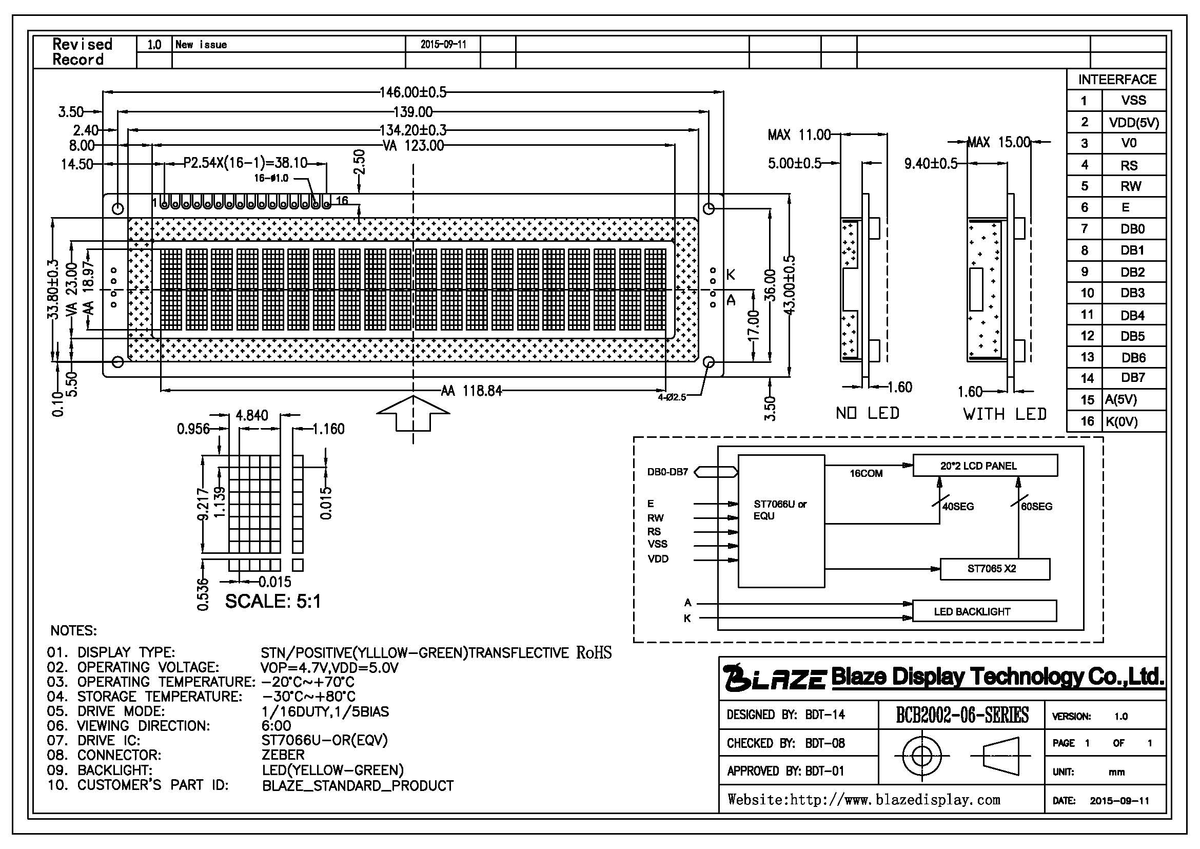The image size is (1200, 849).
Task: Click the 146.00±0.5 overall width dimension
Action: pyautogui.click(x=413, y=92)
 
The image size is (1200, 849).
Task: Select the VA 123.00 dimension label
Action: pyautogui.click(x=413, y=145)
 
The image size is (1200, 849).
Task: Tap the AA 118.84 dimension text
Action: pyautogui.click(x=471, y=391)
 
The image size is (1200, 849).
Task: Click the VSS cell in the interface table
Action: pyautogui.click(x=1133, y=100)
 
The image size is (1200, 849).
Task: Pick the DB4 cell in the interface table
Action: pyautogui.click(x=1133, y=315)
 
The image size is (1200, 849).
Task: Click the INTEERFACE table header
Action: pyautogui.click(x=1117, y=80)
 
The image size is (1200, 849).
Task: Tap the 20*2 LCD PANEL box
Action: pyautogui.click(x=985, y=465)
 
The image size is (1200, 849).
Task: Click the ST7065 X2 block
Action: pyautogui.click(x=995, y=569)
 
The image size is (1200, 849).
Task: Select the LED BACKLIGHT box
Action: pyautogui.click(x=984, y=611)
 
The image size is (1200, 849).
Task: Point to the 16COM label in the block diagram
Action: pyautogui.click(x=866, y=473)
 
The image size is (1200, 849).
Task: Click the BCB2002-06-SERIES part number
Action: pyautogui.click(x=962, y=715)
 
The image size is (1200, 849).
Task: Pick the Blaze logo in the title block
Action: pyautogui.click(x=774, y=678)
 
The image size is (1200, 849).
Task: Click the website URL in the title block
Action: pyautogui.click(x=864, y=799)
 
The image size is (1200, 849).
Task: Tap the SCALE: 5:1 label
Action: pyautogui.click(x=273, y=601)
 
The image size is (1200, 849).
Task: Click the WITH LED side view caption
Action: pyautogui.click(x=1005, y=414)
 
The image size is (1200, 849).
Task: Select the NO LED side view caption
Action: pyautogui.click(x=868, y=413)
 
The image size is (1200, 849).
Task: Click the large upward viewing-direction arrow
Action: pyautogui.click(x=413, y=413)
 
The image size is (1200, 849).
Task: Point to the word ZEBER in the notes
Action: pyautogui.click(x=283, y=755)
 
